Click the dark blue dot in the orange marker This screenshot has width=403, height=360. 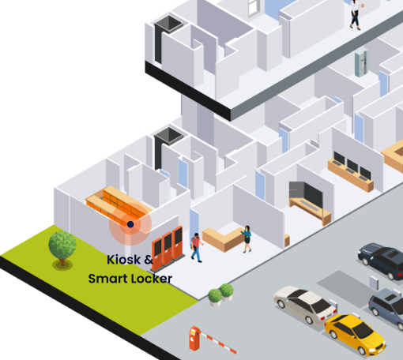pos(130,224)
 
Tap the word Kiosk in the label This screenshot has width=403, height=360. pos(124,260)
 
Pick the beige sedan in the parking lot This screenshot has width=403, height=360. pos(306,304)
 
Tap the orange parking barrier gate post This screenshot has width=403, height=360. pos(194,338)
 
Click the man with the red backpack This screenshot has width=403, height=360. pos(196,247)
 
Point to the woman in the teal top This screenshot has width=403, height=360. pos(247,239)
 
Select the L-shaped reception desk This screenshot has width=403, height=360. pos(224,239)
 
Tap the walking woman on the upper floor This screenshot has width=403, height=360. pos(356,14)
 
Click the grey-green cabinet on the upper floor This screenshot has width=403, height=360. pos(361,62)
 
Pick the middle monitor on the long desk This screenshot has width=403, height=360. pos(352,167)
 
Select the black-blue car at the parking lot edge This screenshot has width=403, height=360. pos(381,261)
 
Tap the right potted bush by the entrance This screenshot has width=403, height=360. pos(227,291)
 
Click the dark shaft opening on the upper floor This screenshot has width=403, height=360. pos(168,24)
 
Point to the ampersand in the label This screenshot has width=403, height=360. pos(149,260)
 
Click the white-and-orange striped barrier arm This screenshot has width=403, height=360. pos(218,342)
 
